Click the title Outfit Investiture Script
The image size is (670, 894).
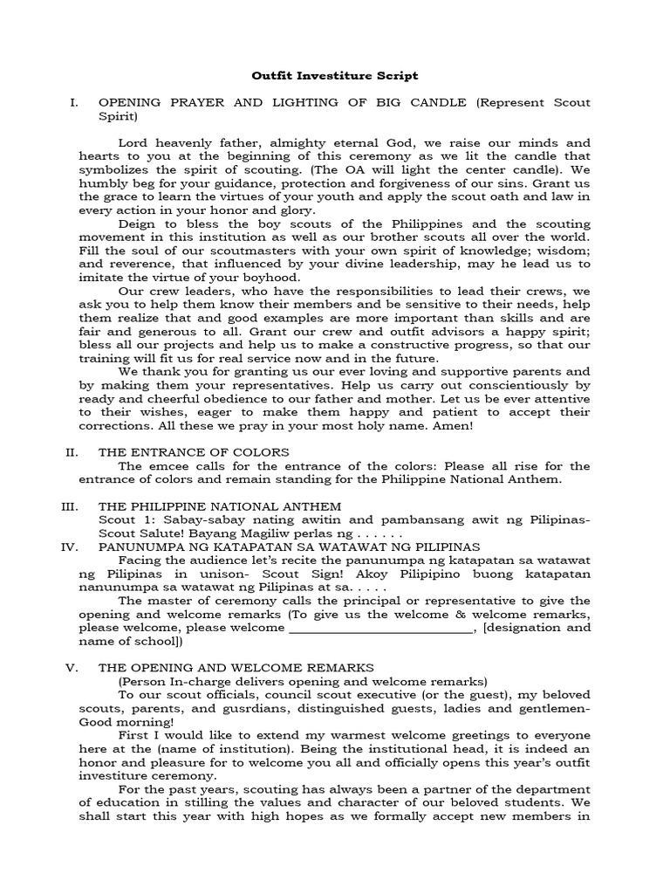coord(335,76)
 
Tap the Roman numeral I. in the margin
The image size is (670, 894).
coord(74,103)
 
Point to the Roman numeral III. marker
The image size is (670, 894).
coord(70,506)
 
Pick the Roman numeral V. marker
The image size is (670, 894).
coord(72,668)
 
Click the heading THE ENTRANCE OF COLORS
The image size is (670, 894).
coord(194,452)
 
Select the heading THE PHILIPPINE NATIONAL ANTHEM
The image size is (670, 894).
coord(220,506)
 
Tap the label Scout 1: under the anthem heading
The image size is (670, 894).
coord(122,520)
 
